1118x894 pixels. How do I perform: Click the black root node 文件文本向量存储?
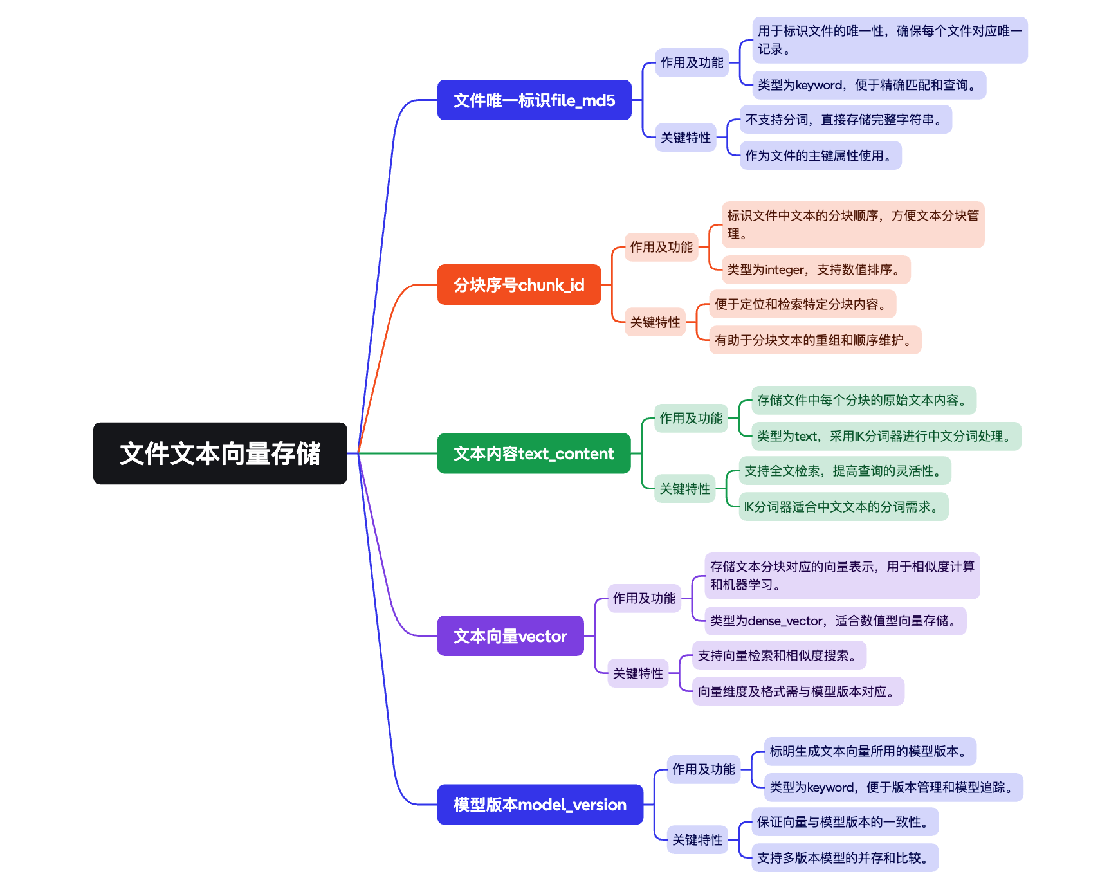[x=220, y=453]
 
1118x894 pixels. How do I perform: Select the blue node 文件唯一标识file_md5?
[x=534, y=100]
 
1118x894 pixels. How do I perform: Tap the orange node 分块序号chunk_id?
[x=518, y=285]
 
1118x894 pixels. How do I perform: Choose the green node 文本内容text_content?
[x=533, y=453]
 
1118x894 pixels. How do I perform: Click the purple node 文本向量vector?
[x=510, y=636]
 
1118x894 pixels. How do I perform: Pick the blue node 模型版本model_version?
[x=540, y=805]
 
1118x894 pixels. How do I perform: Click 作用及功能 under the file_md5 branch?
[x=692, y=63]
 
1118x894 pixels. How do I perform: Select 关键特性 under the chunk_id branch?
[x=655, y=322]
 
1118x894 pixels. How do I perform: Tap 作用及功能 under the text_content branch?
[x=691, y=418]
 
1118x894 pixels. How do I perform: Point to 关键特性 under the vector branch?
[x=637, y=673]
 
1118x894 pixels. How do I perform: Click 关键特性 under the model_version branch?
[x=697, y=840]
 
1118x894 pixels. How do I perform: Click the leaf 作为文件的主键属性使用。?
[x=820, y=156]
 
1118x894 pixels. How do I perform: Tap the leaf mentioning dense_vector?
[x=835, y=621]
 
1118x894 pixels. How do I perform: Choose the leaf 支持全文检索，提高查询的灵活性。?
[x=845, y=471]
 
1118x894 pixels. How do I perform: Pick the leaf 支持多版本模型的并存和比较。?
[x=845, y=858]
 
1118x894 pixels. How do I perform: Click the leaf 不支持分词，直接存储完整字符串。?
[x=845, y=120]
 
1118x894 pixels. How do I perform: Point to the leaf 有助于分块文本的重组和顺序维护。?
[x=815, y=340]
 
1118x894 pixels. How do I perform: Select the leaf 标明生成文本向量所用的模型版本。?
[x=870, y=751]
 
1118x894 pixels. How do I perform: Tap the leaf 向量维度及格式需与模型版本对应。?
[x=798, y=691]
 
